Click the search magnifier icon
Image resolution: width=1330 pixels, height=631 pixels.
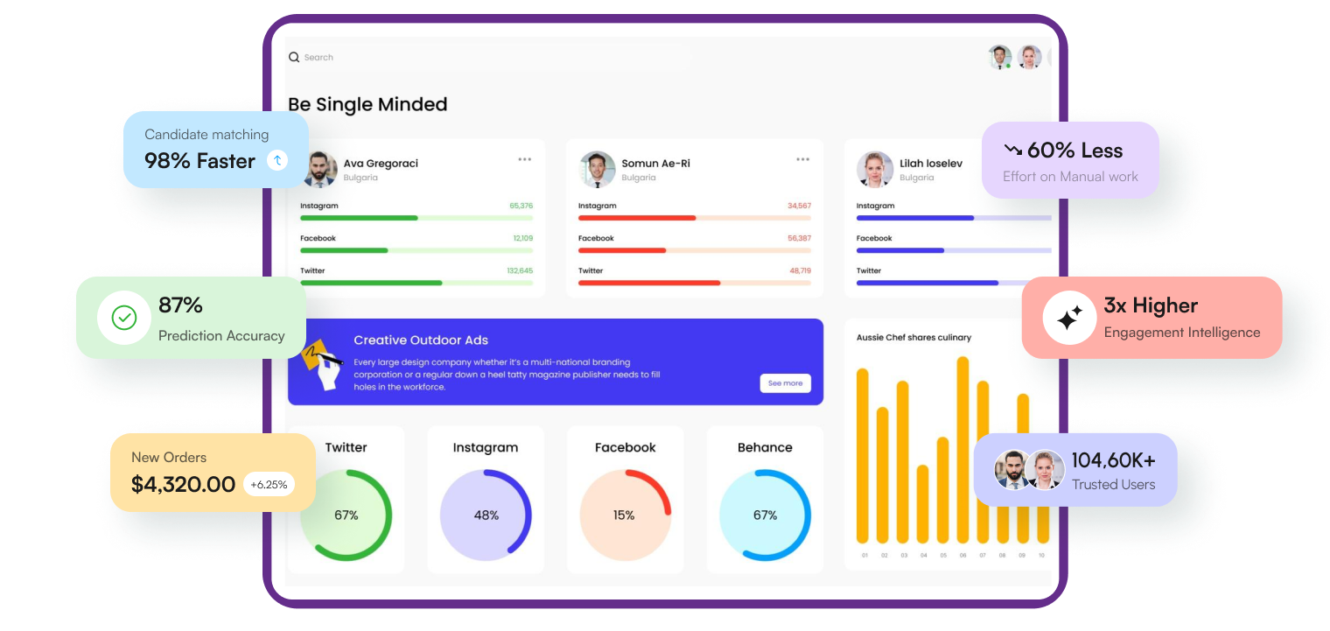(x=294, y=58)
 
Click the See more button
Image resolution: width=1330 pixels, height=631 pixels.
(x=785, y=383)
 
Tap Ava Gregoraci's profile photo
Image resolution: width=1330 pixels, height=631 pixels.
(x=320, y=169)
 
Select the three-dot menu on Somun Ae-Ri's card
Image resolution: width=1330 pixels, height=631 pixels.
(x=802, y=159)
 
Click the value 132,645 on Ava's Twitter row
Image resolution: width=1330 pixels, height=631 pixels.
(x=520, y=271)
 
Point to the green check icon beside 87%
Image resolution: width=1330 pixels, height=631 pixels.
(x=124, y=318)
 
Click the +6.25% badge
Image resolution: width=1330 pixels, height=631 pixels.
(x=269, y=484)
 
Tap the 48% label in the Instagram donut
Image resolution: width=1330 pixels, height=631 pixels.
(x=486, y=515)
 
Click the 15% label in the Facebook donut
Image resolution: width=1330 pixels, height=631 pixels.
(x=624, y=515)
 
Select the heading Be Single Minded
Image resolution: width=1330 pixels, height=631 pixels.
(x=367, y=105)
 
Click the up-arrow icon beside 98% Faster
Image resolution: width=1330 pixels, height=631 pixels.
(x=277, y=160)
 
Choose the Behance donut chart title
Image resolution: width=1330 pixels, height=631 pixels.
(x=765, y=447)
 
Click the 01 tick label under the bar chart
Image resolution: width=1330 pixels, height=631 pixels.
(x=864, y=556)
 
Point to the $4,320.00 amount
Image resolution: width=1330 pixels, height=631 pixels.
(x=183, y=484)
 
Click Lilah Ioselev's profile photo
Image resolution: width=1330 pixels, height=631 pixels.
(x=875, y=169)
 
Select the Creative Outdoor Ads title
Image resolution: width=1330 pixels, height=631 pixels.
(x=421, y=340)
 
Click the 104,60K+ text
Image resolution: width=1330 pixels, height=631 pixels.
(x=1113, y=461)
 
